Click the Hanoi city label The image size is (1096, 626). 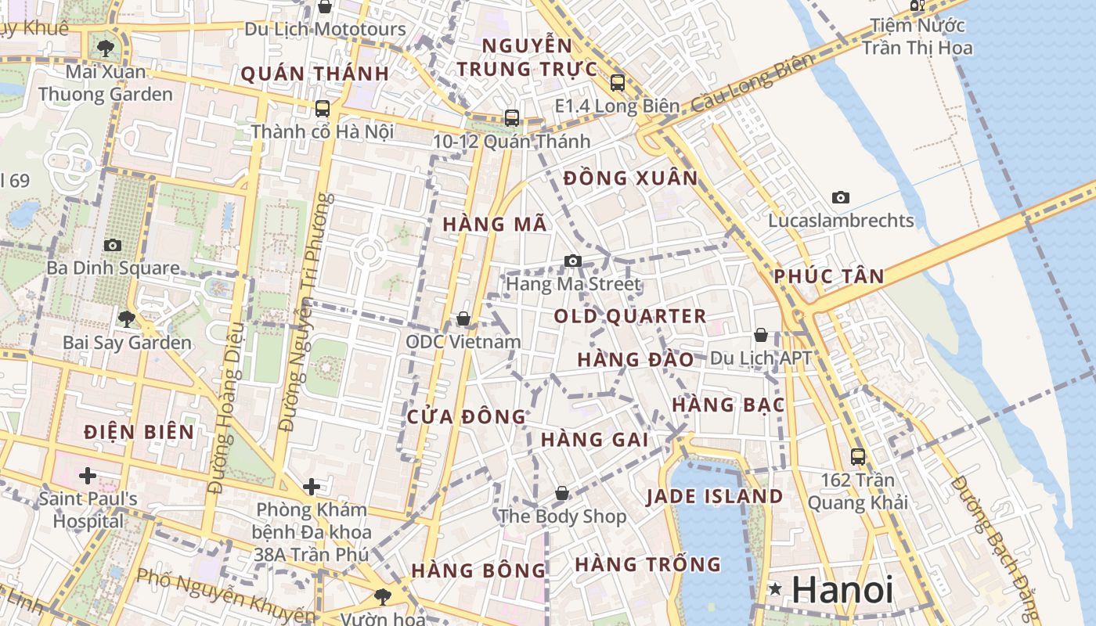click(x=842, y=589)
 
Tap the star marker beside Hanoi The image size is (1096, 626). click(x=775, y=588)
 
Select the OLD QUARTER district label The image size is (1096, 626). click(x=630, y=316)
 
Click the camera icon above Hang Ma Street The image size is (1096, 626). click(x=573, y=261)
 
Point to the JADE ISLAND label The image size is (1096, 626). click(x=714, y=496)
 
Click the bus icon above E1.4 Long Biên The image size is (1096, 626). click(x=618, y=82)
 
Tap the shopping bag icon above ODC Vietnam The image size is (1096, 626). click(x=463, y=318)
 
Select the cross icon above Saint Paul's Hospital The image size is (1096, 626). click(x=88, y=475)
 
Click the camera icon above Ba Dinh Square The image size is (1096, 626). click(x=113, y=245)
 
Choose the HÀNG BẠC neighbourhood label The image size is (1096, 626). click(x=728, y=405)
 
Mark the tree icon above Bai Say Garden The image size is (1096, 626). click(x=126, y=318)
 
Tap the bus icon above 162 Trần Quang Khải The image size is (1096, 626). click(x=858, y=456)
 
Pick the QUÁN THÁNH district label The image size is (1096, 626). click(x=315, y=74)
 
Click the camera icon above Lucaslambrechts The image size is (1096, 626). click(x=841, y=197)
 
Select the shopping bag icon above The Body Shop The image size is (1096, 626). click(x=562, y=493)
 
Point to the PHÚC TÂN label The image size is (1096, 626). click(x=829, y=275)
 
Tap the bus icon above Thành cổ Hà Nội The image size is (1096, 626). click(x=323, y=108)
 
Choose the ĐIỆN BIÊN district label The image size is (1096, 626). click(x=139, y=431)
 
